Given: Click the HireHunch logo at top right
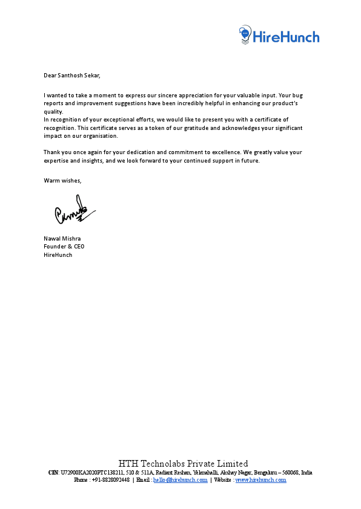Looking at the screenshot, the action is (x=279, y=36).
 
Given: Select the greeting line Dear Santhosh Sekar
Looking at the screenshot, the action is (x=71, y=76).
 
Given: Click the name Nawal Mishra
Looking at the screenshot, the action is (x=62, y=238).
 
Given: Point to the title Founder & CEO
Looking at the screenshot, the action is (x=64, y=247).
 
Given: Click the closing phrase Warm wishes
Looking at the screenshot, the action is (x=62, y=181).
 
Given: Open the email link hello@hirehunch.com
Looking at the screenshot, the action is (x=180, y=479).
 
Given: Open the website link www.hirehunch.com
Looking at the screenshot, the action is (x=260, y=479).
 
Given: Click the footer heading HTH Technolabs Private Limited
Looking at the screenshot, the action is (x=183, y=464).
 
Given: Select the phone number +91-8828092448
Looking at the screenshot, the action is (x=111, y=479).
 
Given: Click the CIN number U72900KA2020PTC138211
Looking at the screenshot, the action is (x=90, y=472).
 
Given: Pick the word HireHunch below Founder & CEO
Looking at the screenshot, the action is (x=58, y=255).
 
